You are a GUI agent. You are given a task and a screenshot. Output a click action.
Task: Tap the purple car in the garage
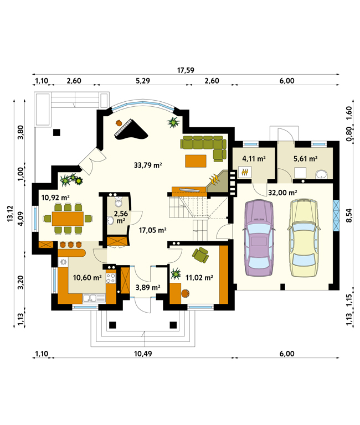(259, 239)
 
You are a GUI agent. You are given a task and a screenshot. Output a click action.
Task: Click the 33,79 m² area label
(148, 165)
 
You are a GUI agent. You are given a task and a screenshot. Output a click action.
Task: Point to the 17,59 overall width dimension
(186, 70)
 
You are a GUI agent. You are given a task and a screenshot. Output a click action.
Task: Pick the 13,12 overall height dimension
(10, 213)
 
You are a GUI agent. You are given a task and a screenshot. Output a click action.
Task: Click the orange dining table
(68, 219)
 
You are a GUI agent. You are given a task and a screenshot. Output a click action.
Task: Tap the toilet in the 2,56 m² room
(119, 201)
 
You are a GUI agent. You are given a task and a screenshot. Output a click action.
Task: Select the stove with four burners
(111, 278)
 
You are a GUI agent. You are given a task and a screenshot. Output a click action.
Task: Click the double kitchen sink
(94, 298)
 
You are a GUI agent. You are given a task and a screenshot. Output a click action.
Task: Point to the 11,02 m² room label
(199, 278)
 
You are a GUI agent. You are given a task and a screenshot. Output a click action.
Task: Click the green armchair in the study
(200, 255)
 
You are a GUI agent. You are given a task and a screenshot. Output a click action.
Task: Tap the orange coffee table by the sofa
(196, 160)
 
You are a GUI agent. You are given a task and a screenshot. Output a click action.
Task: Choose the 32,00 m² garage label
(282, 193)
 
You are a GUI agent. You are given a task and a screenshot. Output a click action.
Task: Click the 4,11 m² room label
(254, 159)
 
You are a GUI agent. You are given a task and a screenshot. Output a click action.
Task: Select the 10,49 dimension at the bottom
(143, 354)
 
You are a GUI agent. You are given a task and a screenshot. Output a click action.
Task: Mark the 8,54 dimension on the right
(349, 215)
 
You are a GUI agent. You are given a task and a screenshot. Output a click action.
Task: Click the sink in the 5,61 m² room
(322, 174)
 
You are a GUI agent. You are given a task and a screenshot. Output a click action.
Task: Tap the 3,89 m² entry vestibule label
(148, 287)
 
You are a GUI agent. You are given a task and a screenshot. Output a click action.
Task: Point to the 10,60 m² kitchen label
(88, 277)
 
